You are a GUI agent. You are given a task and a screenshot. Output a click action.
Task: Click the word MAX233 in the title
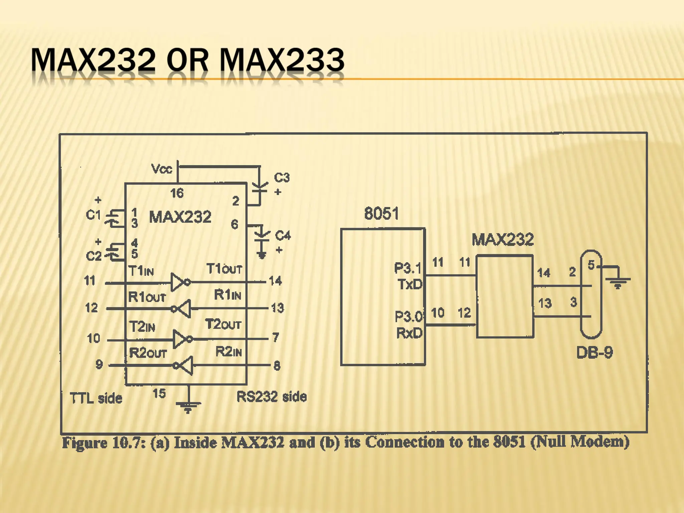coord(282,60)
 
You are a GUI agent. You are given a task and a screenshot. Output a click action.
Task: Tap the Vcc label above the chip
coord(162,169)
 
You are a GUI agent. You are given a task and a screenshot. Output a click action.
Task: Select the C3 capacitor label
coord(282,177)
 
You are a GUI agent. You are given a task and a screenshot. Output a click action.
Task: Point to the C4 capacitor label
coord(283,235)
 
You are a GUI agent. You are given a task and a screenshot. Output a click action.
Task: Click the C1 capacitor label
coord(93,215)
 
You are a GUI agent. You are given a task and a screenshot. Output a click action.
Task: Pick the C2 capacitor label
coord(94,256)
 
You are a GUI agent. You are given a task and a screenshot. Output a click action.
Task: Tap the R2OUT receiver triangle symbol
coord(187,366)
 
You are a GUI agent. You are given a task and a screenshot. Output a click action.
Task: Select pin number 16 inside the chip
coord(177,193)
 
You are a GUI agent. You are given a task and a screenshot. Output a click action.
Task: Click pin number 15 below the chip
coord(159,393)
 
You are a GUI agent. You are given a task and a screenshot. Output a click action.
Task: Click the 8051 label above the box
coord(381,213)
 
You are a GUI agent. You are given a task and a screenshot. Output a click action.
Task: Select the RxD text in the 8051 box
coord(409,333)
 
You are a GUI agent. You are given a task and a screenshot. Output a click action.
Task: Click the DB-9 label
coord(594,353)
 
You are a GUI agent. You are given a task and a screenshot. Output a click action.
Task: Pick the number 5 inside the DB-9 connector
coord(591,265)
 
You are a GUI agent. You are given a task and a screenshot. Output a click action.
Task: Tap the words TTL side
coord(96,398)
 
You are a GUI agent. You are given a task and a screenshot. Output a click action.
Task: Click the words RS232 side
coord(272,397)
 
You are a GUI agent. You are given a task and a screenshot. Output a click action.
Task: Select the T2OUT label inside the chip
coord(223,324)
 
